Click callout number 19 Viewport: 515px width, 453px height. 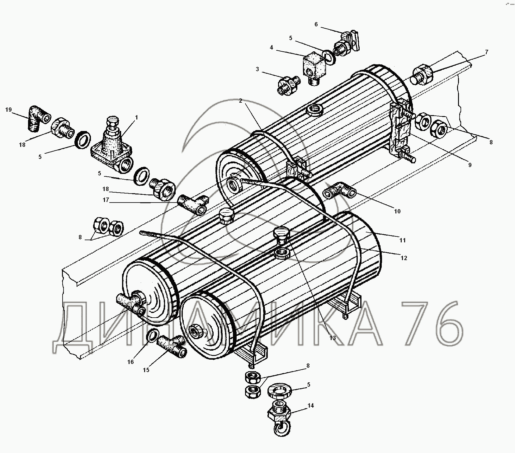(x=8, y=110)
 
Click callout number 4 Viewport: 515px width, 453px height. (x=272, y=48)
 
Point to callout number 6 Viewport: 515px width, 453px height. (x=316, y=24)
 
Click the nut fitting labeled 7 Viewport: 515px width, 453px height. (x=422, y=75)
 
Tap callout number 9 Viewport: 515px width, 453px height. (x=470, y=165)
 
